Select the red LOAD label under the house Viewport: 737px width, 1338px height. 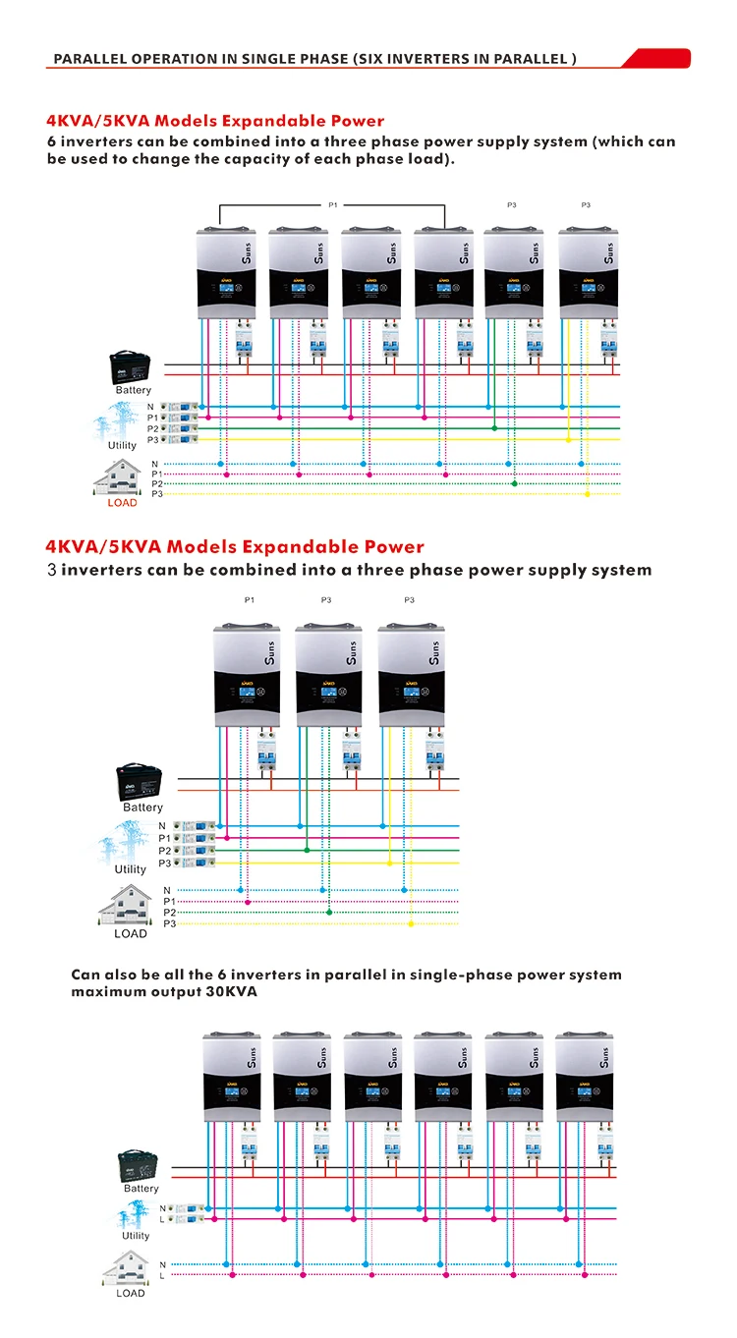tap(123, 503)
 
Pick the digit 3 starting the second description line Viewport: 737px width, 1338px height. tap(52, 570)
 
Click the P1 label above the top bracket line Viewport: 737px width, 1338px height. tap(332, 204)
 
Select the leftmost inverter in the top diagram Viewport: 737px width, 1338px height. tap(227, 272)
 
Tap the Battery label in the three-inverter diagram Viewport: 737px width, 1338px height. tap(143, 808)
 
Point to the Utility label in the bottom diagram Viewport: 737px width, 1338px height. tap(136, 1236)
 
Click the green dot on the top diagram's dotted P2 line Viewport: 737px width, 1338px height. tap(514, 483)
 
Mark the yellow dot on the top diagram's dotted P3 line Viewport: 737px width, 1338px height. tap(587, 493)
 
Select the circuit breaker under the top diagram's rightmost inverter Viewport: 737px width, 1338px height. tap(609, 343)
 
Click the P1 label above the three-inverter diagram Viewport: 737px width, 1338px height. tap(250, 599)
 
